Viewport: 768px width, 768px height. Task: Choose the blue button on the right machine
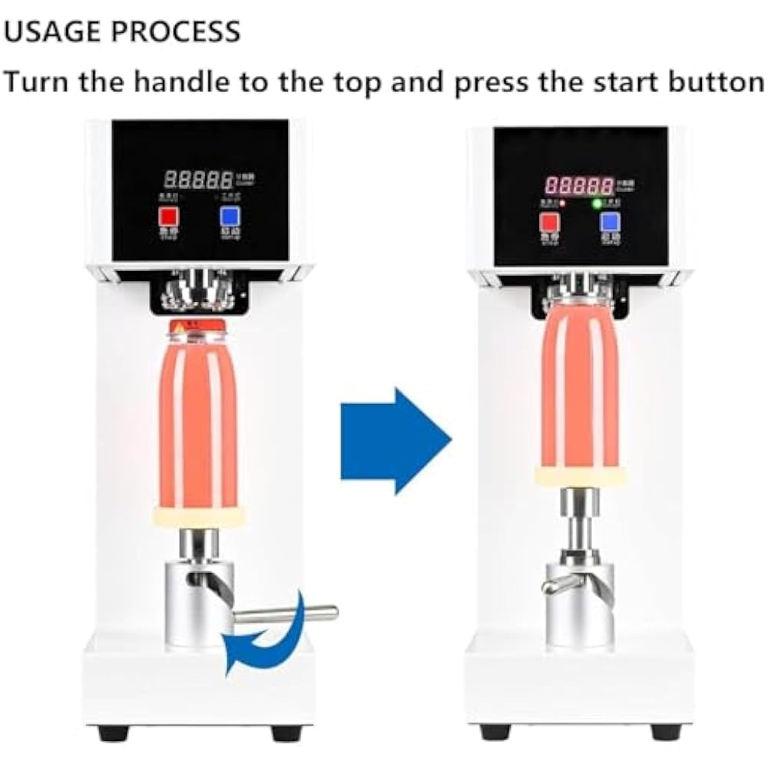611,223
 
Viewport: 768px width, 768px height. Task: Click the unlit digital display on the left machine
198,180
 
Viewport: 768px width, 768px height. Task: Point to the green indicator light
594,204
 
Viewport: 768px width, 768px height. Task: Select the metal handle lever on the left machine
286,613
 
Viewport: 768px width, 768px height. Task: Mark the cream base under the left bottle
198,515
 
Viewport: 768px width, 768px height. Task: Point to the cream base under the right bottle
579,476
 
